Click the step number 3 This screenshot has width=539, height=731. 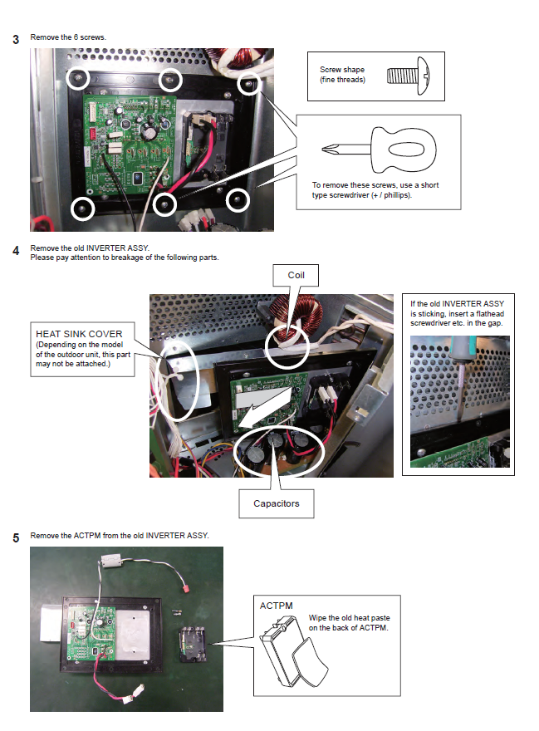(x=17, y=39)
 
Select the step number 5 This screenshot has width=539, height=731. (x=17, y=537)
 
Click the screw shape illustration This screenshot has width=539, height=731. (x=407, y=77)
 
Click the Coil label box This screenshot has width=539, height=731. (x=296, y=274)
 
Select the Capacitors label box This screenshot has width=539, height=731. (x=276, y=503)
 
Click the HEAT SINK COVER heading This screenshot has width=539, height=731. (x=79, y=334)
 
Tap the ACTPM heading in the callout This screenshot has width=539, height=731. (x=277, y=606)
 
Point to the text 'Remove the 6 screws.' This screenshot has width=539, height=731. (x=68, y=37)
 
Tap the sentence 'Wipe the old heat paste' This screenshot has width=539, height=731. (x=348, y=618)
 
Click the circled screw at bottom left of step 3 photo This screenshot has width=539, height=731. (x=83, y=208)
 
